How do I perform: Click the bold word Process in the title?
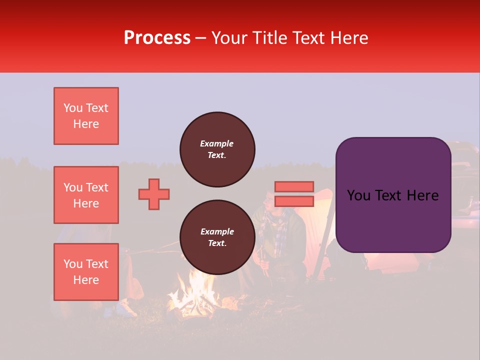point(157,38)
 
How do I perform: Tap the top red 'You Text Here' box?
point(86,116)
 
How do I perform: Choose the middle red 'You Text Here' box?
point(86,195)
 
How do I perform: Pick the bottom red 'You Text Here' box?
point(86,271)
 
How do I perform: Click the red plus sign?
point(154,194)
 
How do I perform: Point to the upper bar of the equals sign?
point(294,187)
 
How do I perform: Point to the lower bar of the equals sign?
point(294,201)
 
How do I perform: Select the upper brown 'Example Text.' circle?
point(217,149)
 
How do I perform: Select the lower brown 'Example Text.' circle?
point(217,237)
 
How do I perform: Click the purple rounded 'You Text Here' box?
point(393,195)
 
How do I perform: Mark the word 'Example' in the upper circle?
point(216,143)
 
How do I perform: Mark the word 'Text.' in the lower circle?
point(217,243)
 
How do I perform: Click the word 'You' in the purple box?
point(358,195)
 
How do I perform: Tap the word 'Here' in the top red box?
point(86,124)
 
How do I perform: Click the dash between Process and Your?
point(201,38)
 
